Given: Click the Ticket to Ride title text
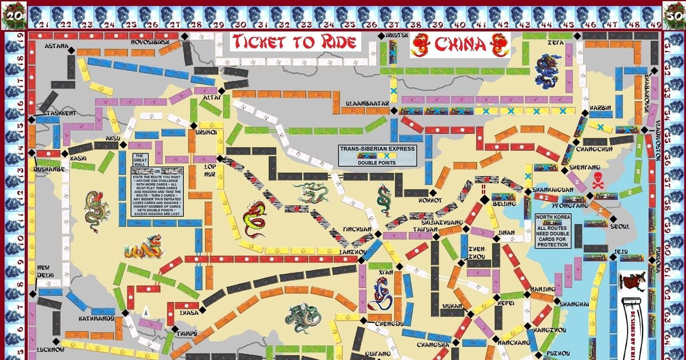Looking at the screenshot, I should [296, 42].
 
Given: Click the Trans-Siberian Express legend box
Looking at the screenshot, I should [377, 155].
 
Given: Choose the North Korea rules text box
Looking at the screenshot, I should [553, 231].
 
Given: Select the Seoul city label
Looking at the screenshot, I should [620, 226].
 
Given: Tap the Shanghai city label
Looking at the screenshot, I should [573, 304].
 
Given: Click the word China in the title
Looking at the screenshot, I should [461, 43].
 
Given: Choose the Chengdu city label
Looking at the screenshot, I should [389, 323].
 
